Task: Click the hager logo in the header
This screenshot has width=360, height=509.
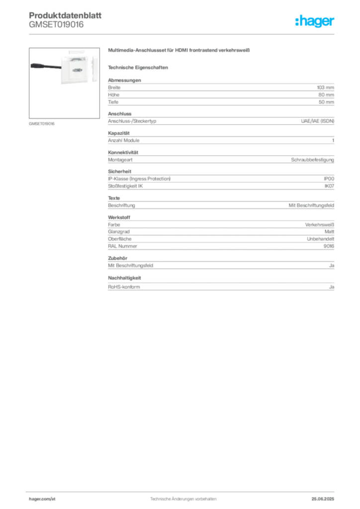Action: pyautogui.click(x=314, y=21)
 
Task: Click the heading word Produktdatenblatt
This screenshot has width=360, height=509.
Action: pyautogui.click(x=65, y=15)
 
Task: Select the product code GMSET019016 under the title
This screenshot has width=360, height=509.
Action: pyautogui.click(x=56, y=24)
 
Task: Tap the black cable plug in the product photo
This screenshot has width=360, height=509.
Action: pyautogui.click(x=46, y=66)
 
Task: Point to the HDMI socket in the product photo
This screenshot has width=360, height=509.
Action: pyautogui.click(x=77, y=70)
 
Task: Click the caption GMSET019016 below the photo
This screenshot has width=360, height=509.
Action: pyautogui.click(x=42, y=124)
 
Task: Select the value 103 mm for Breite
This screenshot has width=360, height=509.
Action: pyautogui.click(x=325, y=87)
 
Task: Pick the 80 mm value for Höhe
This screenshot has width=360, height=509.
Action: pyautogui.click(x=326, y=95)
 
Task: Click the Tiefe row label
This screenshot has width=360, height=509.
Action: pyautogui.click(x=113, y=102)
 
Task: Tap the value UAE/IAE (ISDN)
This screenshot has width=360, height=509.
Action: pyautogui.click(x=317, y=121)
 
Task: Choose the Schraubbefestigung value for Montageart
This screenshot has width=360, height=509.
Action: pyautogui.click(x=312, y=160)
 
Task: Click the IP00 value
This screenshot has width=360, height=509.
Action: pyautogui.click(x=329, y=179)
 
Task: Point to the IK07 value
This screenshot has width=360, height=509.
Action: pyautogui.click(x=329, y=186)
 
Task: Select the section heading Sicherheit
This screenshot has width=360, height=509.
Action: pyautogui.click(x=119, y=171)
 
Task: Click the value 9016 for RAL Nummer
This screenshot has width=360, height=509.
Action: pyautogui.click(x=329, y=246)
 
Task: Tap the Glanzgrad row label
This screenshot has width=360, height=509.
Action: pyautogui.click(x=119, y=232)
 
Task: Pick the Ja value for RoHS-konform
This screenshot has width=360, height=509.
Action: pyautogui.click(x=332, y=287)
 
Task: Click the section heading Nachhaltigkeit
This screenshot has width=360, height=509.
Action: pyautogui.click(x=124, y=278)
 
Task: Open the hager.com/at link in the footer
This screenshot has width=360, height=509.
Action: pyautogui.click(x=42, y=499)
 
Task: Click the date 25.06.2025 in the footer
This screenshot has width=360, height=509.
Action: pyautogui.click(x=323, y=499)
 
